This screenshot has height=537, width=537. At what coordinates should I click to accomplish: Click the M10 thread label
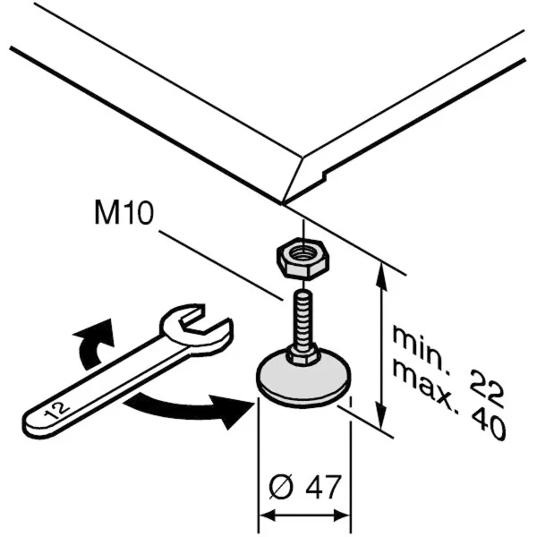[124, 215]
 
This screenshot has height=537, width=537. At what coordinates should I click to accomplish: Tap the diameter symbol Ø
[280, 487]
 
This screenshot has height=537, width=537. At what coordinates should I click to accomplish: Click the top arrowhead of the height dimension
[382, 273]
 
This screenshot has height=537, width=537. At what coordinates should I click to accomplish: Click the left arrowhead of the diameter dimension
[266, 516]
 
